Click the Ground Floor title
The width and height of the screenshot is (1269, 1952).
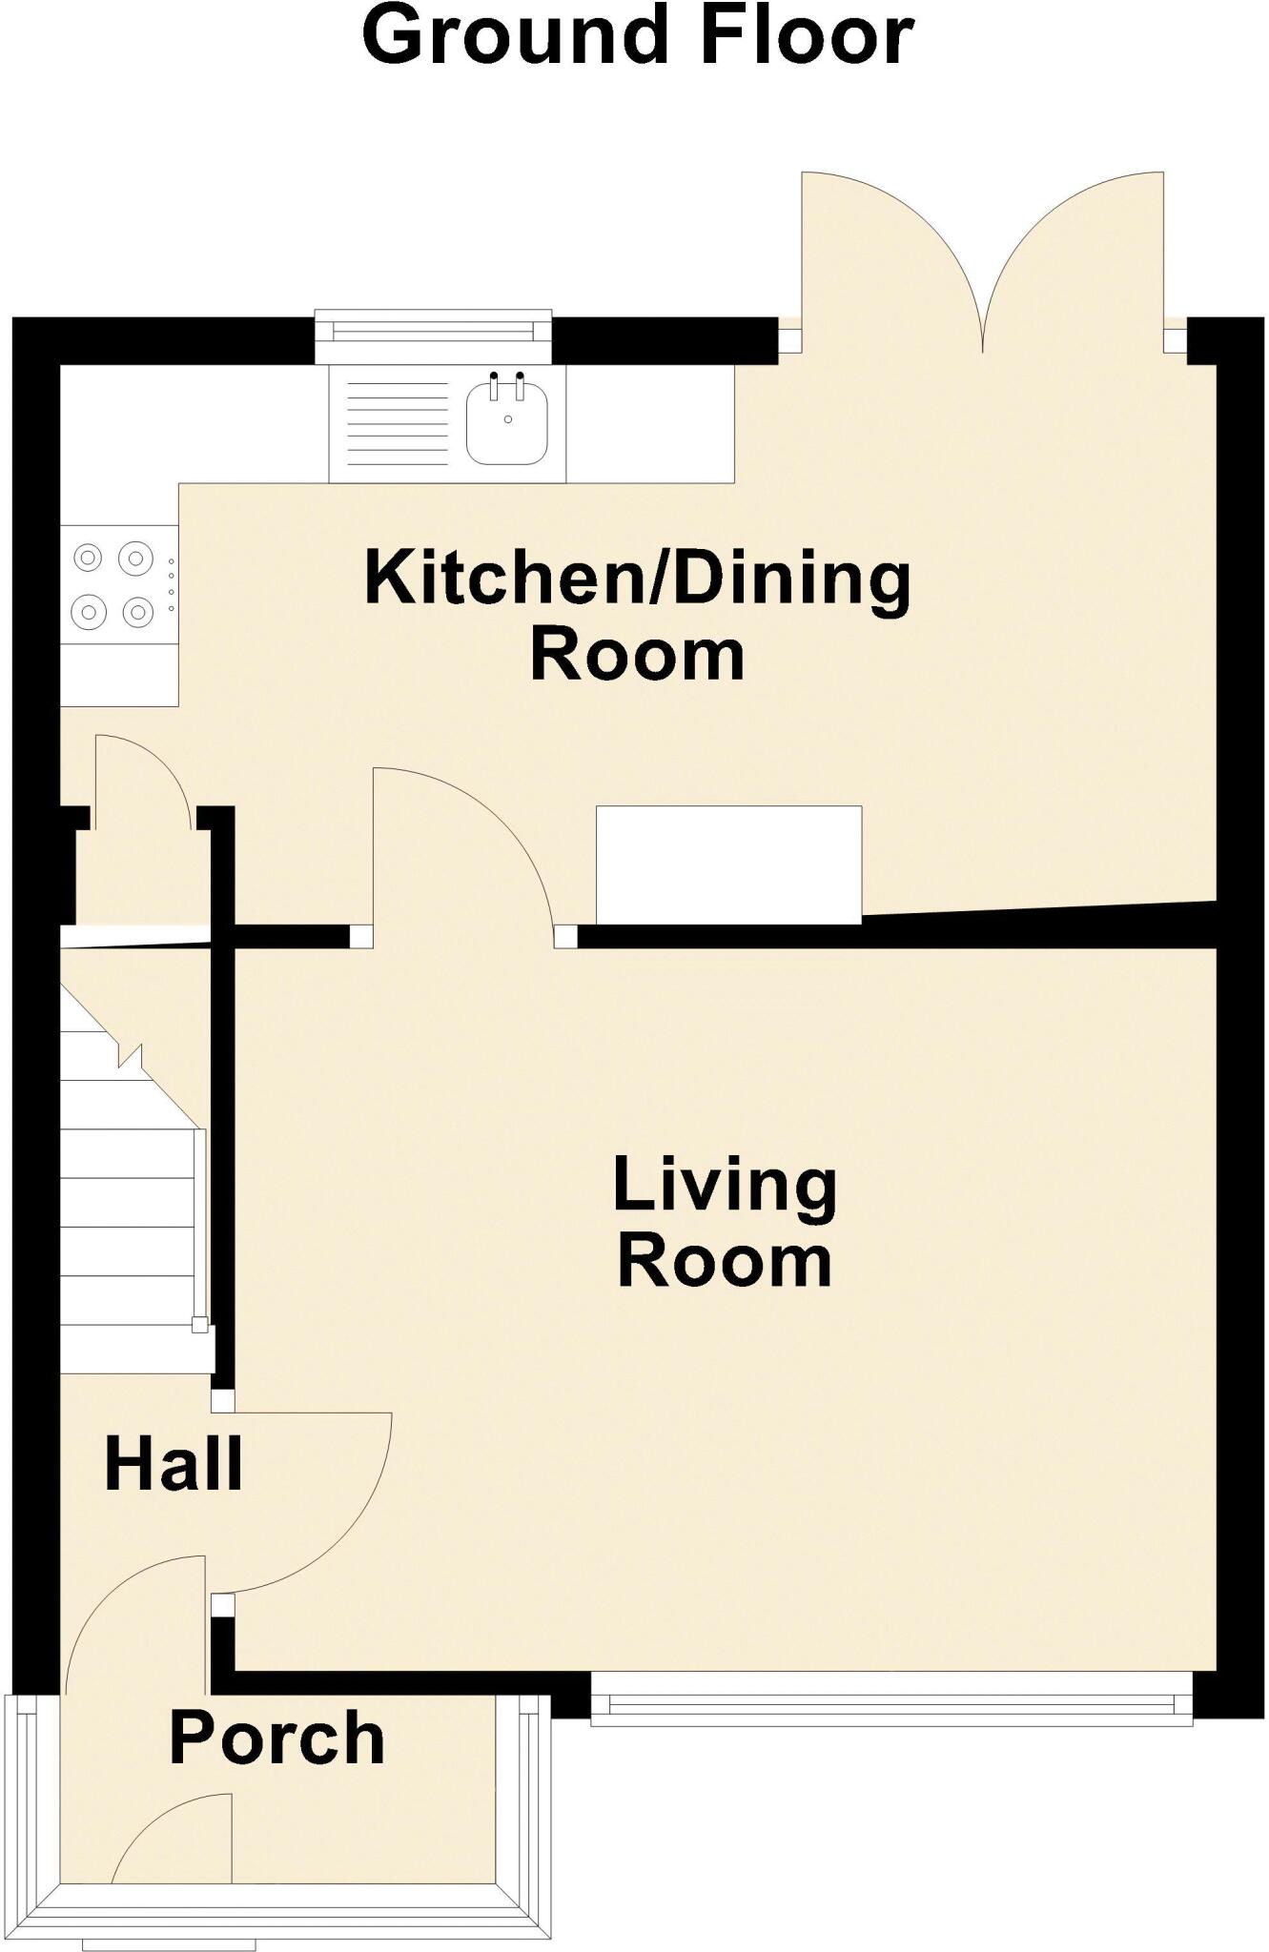click(638, 36)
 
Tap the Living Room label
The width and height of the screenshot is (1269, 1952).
click(725, 1222)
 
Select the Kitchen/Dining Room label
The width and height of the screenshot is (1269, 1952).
click(637, 617)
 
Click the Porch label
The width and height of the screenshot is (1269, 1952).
click(276, 1738)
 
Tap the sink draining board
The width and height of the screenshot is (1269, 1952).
click(398, 423)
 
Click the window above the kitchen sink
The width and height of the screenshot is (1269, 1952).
click(434, 331)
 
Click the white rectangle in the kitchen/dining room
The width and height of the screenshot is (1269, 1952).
click(728, 864)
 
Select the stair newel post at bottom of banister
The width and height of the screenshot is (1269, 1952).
click(199, 1325)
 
